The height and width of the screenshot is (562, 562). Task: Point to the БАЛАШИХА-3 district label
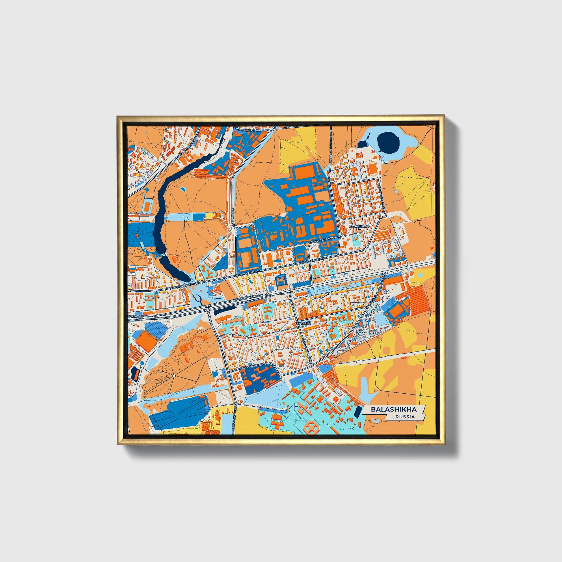tap(359, 226)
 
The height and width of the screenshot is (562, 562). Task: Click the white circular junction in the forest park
tap(174, 376)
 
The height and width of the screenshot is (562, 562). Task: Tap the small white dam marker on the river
tap(163, 254)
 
